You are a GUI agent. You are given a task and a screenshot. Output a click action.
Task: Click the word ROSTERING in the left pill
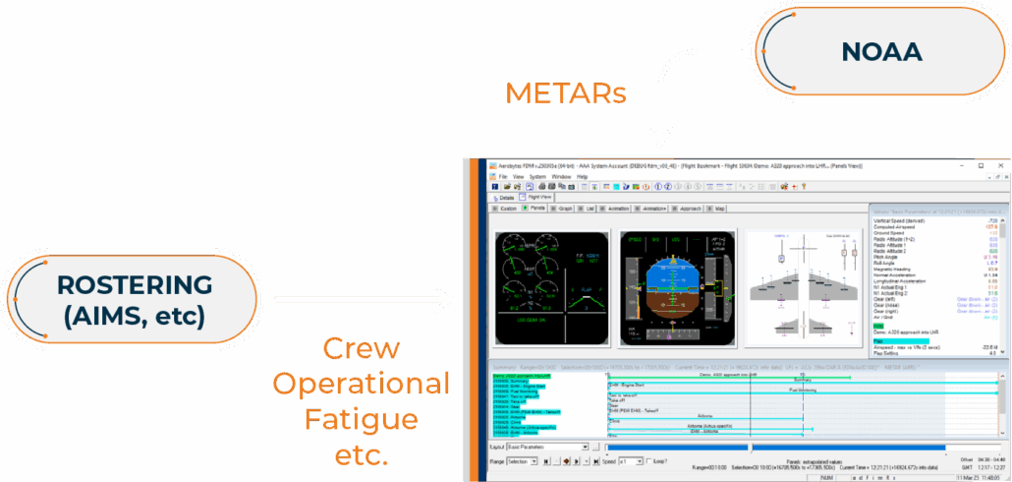coord(134,285)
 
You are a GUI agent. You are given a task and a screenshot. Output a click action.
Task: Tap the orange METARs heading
coord(566,94)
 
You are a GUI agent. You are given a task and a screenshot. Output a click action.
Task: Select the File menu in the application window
coord(504,176)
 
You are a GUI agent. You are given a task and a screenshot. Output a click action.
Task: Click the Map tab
coord(718,209)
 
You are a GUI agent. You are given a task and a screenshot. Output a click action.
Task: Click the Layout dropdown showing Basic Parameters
coord(551,446)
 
